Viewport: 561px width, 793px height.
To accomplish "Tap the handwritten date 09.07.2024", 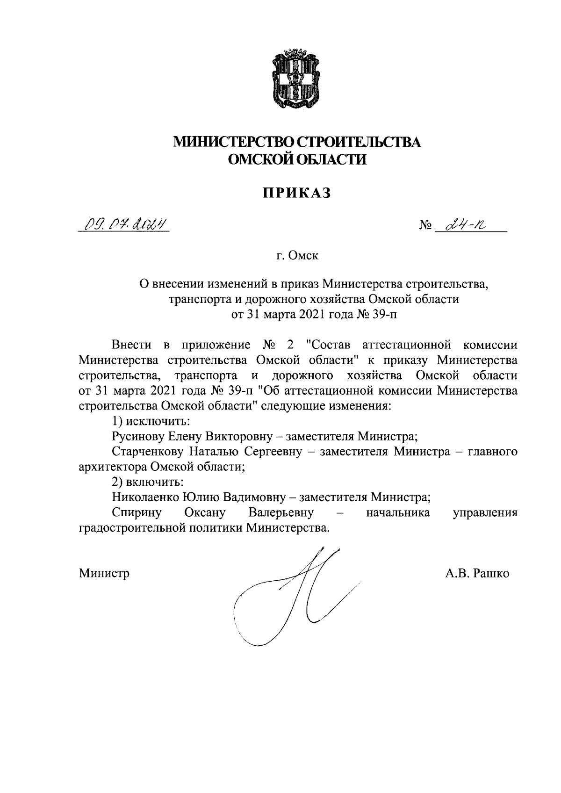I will [123, 226].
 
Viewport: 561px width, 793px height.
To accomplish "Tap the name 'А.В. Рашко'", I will [477, 573].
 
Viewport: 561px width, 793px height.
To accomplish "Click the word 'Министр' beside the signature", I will [104, 573].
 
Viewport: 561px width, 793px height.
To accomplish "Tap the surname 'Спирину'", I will [137, 512].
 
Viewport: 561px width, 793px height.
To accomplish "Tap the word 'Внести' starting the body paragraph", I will [132, 345].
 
